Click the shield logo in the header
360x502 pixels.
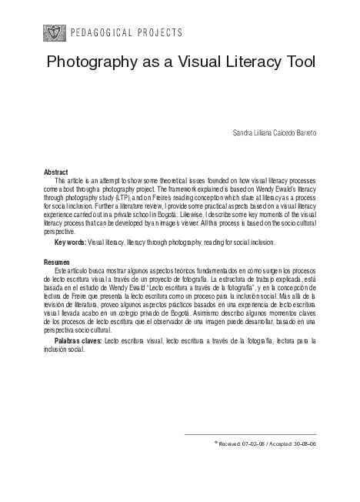pos(54,33)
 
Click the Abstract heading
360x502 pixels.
pos(56,171)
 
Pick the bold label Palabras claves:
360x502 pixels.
pos(78,340)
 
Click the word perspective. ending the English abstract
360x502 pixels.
pos(60,230)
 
